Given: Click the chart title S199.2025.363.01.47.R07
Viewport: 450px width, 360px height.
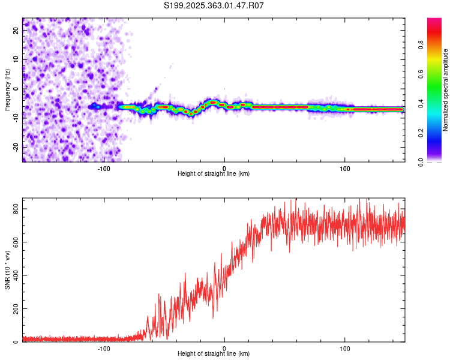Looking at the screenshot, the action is click(x=214, y=5).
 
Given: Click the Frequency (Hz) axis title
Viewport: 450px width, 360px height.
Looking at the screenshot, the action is click(x=7, y=90).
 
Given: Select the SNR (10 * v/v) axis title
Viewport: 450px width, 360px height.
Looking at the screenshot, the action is click(x=7, y=270).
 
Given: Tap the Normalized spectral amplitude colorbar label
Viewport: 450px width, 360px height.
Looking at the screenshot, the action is click(x=445, y=90).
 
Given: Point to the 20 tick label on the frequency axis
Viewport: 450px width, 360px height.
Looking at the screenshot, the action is click(x=16, y=30).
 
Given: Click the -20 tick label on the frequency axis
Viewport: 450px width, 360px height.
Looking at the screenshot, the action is click(x=16, y=148).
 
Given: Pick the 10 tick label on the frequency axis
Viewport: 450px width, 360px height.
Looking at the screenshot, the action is click(x=16, y=59).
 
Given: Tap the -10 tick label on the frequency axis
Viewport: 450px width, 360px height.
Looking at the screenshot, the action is click(x=16, y=118).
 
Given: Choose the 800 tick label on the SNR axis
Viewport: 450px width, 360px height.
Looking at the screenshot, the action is click(x=16, y=209).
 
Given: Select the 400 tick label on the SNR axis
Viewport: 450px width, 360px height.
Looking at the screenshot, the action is click(x=16, y=275).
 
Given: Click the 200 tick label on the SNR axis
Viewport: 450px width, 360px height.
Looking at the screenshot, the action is click(x=16, y=308).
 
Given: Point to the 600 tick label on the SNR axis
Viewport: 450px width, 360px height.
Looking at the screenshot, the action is click(x=16, y=242).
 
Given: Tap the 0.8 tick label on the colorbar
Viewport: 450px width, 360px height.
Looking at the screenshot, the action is click(x=421, y=45).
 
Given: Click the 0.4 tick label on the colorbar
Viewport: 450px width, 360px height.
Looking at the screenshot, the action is click(x=421, y=104).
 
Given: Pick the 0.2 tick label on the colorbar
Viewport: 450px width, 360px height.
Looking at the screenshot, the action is click(x=421, y=133).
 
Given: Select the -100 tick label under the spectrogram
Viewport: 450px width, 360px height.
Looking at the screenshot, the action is click(x=104, y=169).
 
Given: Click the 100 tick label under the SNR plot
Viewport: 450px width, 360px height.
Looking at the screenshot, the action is click(x=344, y=349).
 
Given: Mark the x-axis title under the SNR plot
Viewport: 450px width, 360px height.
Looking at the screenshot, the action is click(x=214, y=353).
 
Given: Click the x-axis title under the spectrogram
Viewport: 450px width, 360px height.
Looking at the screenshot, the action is click(x=214, y=173).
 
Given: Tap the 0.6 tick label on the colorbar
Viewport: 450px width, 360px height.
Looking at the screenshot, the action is click(x=421, y=74).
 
